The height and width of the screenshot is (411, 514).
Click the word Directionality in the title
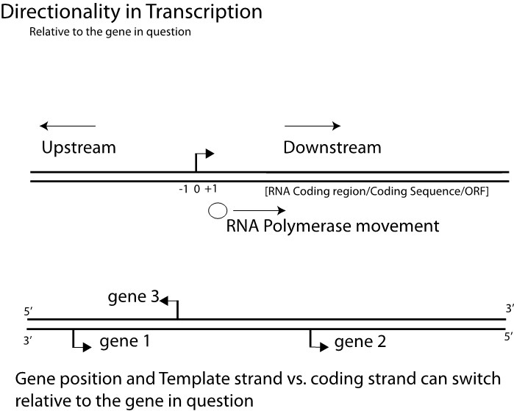(54, 12)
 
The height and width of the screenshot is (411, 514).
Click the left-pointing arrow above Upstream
(68, 126)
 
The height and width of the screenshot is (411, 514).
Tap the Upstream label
(79, 147)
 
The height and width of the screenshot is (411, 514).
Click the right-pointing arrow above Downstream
(313, 126)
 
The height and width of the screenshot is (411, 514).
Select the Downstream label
(332, 147)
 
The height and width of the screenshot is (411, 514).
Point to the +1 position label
(210, 189)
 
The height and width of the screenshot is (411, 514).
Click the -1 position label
(183, 189)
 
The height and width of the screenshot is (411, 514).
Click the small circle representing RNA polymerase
(217, 212)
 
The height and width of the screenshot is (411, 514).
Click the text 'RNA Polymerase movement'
(332, 226)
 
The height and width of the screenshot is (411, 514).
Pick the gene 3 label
(132, 298)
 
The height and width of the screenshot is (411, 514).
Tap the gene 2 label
(360, 341)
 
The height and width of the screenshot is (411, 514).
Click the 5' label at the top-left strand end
(28, 311)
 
